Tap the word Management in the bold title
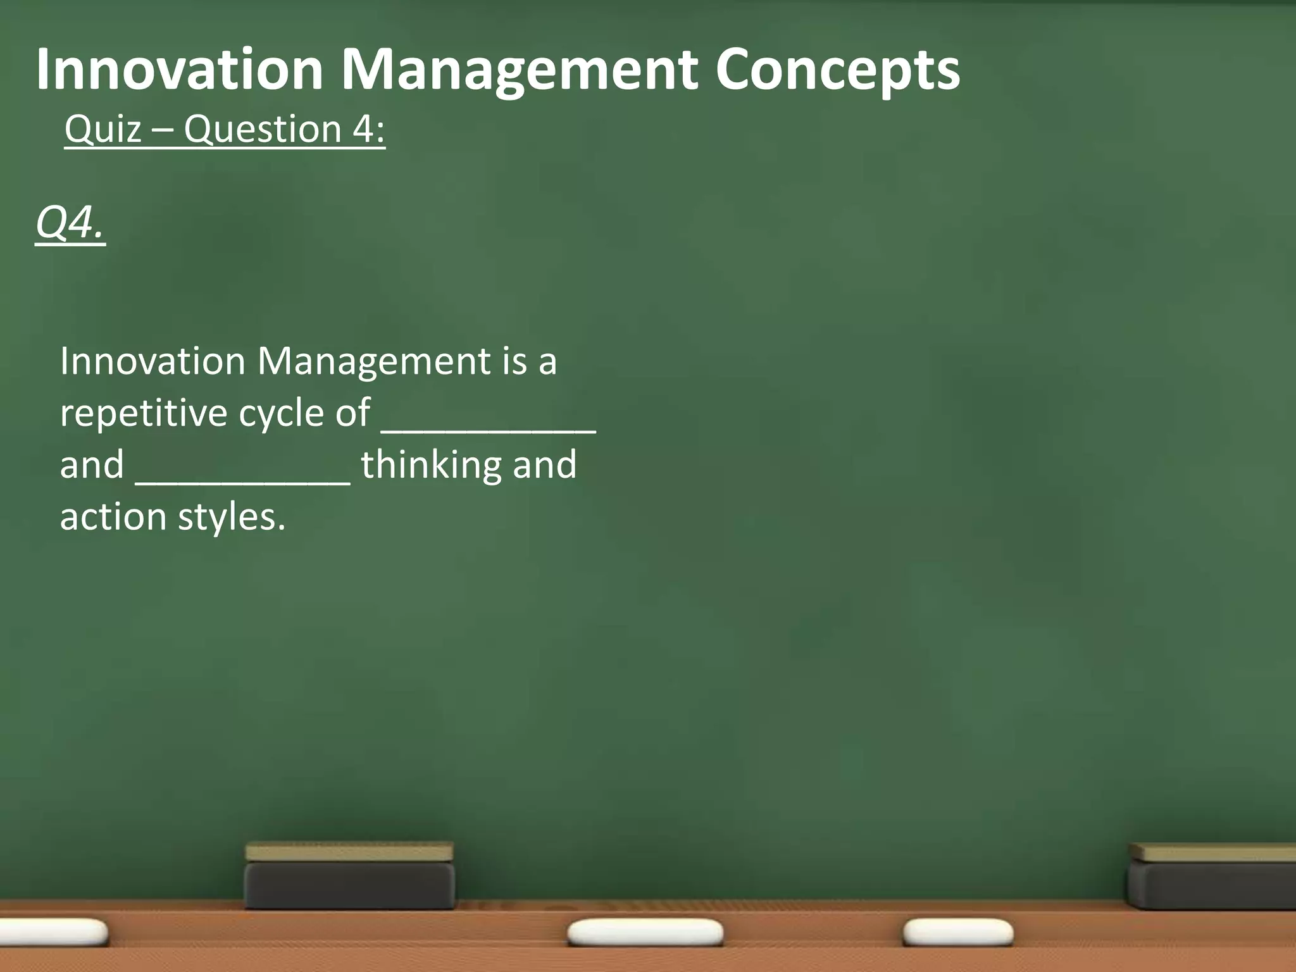520,71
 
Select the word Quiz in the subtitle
103,130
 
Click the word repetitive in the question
142,414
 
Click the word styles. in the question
232,518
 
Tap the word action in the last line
113,518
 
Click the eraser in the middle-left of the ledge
349,876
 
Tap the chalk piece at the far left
51,932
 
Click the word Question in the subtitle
263,130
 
